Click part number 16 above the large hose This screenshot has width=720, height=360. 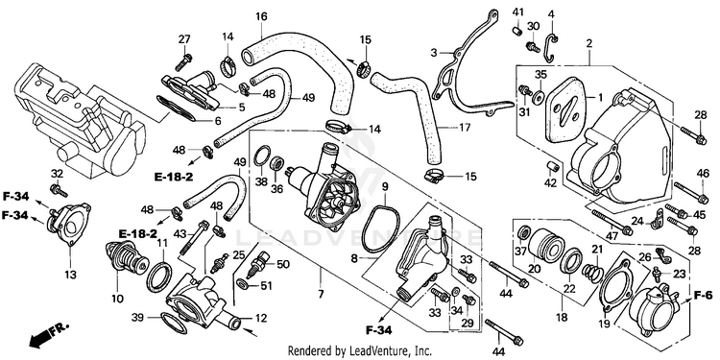pyautogui.click(x=261, y=17)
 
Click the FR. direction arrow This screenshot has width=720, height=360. pyautogui.click(x=49, y=335)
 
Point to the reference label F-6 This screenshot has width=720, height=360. pyautogui.click(x=703, y=295)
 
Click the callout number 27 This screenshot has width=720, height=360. pyautogui.click(x=184, y=39)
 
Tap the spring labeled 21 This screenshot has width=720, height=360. pyautogui.click(x=593, y=270)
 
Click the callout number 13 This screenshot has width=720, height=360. pyautogui.click(x=70, y=275)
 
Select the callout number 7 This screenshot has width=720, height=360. pyautogui.click(x=320, y=294)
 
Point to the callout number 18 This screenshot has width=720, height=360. pyautogui.click(x=562, y=317)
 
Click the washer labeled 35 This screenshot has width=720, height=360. pyautogui.click(x=537, y=97)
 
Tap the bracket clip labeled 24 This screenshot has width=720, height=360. pyautogui.click(x=657, y=219)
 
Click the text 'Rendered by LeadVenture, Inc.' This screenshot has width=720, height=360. pyautogui.click(x=360, y=350)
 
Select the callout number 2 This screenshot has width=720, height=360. pyautogui.click(x=589, y=44)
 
